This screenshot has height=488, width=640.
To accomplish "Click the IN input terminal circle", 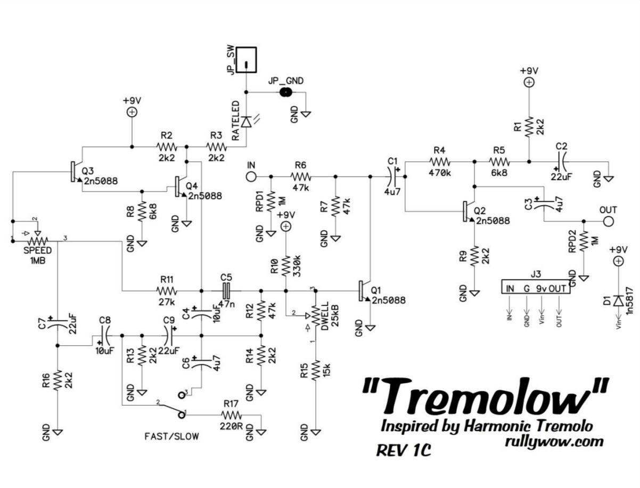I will coord(251,176).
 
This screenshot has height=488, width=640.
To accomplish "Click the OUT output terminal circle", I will coord(608,221).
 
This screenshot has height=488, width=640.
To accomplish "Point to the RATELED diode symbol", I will coord(245,122).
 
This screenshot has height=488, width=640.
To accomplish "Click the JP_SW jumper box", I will coord(246,60).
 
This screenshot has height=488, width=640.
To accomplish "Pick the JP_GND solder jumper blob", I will coord(286,92).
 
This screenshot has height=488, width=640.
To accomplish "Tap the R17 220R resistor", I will coord(231,415).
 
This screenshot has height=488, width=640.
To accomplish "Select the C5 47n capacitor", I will coord(226,291).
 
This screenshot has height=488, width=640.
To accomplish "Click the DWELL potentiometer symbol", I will coord(315,316).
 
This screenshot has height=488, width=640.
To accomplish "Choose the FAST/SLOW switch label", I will coord(171,437).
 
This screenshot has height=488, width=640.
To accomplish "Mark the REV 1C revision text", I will coord(403,451).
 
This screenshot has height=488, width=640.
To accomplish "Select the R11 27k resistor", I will coord(166,291).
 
